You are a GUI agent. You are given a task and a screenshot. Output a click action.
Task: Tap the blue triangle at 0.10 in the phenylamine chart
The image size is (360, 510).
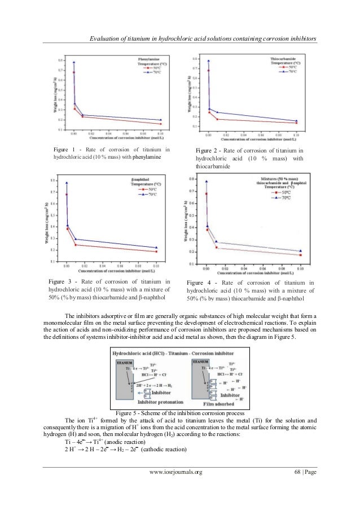click(161, 120)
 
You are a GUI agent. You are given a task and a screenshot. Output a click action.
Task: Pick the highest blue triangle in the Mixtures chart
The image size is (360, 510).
click(207, 181)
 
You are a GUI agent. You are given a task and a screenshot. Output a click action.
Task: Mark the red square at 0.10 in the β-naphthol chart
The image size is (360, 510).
click(156, 251)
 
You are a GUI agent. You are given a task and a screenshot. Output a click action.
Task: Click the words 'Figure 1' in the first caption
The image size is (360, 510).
click(64, 149)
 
